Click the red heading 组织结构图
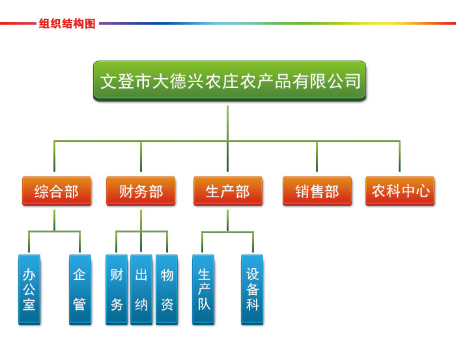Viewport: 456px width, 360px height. click(67, 23)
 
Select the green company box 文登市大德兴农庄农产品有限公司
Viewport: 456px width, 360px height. click(229, 81)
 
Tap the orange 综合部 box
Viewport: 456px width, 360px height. click(57, 191)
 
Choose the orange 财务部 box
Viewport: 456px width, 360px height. click(141, 191)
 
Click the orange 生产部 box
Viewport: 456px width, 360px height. click(228, 191)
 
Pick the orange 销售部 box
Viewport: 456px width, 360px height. click(317, 191)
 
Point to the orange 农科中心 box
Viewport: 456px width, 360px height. click(400, 191)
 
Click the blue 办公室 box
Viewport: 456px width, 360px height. click(29, 290)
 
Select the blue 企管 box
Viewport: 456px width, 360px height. click(80, 290)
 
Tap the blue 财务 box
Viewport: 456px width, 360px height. click(117, 290)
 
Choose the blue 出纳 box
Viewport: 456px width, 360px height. click(141, 290)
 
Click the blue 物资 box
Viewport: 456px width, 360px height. click(167, 290)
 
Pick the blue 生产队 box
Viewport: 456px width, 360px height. click(203, 290)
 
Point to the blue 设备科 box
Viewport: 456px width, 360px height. click(252, 290)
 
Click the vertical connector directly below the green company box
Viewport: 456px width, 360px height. click(228, 123)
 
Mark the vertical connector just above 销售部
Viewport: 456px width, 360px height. click(317, 156)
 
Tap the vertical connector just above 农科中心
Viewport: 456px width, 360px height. click(399, 156)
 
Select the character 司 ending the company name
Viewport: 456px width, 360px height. click(353, 81)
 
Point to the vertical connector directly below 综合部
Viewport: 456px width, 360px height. click(54, 220)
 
